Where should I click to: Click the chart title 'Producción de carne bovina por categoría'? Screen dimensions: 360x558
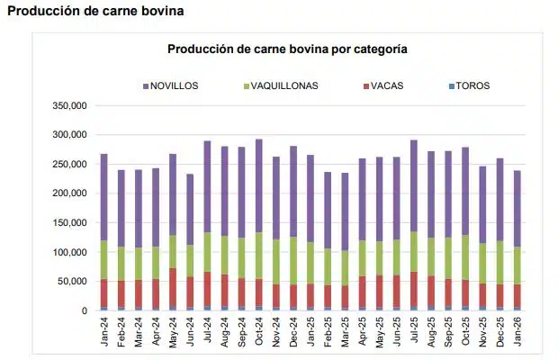(x=287, y=49)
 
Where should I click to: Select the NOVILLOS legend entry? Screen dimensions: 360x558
(x=175, y=86)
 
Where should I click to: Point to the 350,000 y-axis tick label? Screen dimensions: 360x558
(x=69, y=105)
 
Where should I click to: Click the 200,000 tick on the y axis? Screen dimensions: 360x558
(x=69, y=193)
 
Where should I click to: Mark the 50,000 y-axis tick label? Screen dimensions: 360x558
(x=72, y=282)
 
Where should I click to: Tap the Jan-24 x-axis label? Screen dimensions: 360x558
(x=104, y=332)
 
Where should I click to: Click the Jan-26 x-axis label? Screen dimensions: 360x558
(x=518, y=332)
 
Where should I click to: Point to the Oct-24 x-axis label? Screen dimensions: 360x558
(x=259, y=332)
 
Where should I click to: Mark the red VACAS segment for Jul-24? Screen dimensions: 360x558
(x=207, y=290)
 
